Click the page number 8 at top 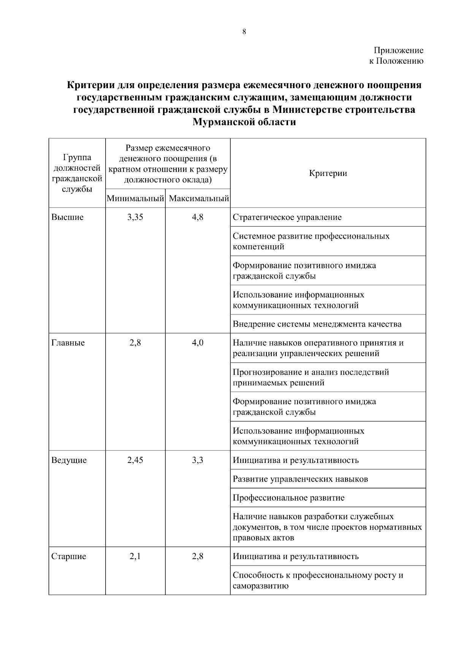244,32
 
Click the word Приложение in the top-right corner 398,50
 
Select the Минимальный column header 135,198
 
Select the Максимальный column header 198,198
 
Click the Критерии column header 328,173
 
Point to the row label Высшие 67,217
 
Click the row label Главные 68,343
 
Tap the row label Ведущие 69,460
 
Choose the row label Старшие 68,556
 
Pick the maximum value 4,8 198,217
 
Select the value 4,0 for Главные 198,343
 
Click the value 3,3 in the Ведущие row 198,460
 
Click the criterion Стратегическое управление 287,217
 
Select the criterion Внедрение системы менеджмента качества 317,324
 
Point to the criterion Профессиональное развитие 288,498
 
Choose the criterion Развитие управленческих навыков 300,479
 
